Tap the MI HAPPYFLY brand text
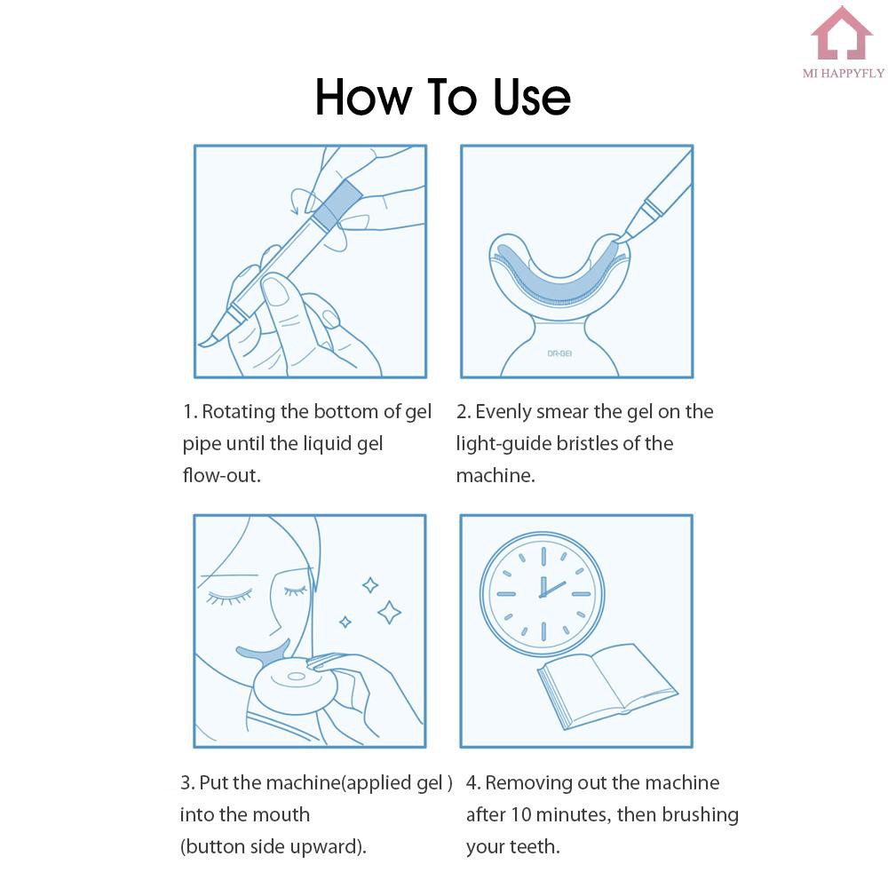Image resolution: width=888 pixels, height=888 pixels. (844, 73)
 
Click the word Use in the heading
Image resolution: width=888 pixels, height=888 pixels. (531, 97)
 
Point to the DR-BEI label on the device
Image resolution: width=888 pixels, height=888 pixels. (559, 353)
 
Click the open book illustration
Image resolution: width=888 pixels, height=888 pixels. (607, 686)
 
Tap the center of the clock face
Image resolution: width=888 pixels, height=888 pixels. (543, 595)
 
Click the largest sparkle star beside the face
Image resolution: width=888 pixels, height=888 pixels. (389, 612)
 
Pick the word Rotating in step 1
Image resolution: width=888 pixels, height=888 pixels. (238, 412)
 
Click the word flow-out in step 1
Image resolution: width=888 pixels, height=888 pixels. (221, 475)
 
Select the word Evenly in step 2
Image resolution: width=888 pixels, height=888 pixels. (503, 412)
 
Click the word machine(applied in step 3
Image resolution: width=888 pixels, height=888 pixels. (338, 782)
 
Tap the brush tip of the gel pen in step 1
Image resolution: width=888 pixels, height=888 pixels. (207, 340)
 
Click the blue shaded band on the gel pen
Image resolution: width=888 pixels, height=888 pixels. (337, 202)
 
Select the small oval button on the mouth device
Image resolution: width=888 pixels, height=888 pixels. (297, 676)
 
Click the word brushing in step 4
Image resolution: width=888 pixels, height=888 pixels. (700, 815)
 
